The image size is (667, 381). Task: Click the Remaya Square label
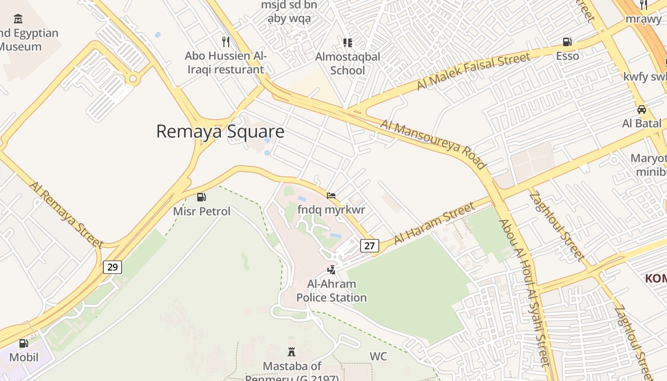[220, 131]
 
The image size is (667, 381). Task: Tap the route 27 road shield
[370, 245]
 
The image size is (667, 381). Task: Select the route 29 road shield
[112, 267]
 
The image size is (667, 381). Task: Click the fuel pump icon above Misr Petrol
[202, 197]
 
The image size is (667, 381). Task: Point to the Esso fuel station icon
[567, 42]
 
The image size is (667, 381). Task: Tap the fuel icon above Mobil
[23, 343]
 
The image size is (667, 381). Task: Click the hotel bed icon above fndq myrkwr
[331, 195]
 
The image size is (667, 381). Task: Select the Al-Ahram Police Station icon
[331, 270]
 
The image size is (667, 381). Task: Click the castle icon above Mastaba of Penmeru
[292, 352]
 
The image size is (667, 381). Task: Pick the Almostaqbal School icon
[348, 43]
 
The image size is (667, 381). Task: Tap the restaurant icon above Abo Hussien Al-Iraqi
[226, 41]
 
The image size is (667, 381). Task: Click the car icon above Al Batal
[642, 110]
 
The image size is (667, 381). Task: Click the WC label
[378, 356]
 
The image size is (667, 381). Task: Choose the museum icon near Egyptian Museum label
[18, 19]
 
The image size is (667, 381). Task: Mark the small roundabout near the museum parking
[133, 79]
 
